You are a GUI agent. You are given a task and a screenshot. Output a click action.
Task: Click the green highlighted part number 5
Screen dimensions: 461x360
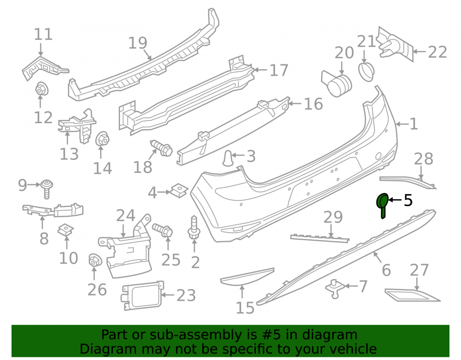(x=383, y=205)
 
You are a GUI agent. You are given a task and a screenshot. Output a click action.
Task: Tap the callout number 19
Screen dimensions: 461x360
(x=137, y=43)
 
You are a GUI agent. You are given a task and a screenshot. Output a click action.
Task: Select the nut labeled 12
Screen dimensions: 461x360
(x=41, y=89)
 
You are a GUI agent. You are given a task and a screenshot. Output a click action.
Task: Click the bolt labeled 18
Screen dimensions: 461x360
(x=161, y=148)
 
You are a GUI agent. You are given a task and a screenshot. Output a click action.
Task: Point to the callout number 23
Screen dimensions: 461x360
(x=186, y=295)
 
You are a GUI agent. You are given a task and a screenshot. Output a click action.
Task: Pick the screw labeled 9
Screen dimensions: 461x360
(x=47, y=189)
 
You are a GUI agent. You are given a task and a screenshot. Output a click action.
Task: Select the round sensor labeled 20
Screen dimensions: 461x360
(x=337, y=84)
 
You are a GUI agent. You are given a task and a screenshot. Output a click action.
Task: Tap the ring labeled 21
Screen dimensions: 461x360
(x=366, y=71)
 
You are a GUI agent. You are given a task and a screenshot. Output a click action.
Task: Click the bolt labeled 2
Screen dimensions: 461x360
(x=194, y=228)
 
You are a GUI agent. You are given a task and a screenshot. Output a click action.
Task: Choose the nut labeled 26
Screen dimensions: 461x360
(x=95, y=260)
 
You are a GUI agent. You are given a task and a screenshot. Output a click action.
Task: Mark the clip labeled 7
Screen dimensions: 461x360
(x=335, y=289)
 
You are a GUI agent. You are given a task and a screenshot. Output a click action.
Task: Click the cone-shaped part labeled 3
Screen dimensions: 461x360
(x=228, y=158)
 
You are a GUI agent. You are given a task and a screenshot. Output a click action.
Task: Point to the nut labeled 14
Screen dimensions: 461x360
(x=102, y=139)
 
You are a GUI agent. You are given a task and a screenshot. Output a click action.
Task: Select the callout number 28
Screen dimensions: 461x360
(x=423, y=159)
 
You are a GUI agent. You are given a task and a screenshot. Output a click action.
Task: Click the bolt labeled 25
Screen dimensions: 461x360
(x=162, y=230)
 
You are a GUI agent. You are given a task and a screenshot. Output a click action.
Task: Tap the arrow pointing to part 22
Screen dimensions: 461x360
(x=419, y=52)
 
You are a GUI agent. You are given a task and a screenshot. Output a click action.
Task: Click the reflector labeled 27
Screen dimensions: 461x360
(x=413, y=295)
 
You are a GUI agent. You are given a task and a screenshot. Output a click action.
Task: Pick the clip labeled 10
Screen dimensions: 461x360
(x=65, y=230)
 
